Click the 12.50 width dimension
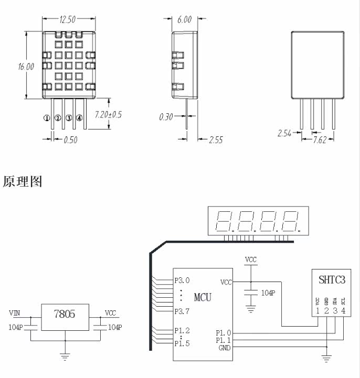coord(68,19)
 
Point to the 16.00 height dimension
coord(26,67)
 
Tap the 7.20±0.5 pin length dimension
coord(108,114)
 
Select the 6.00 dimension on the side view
coord(185,19)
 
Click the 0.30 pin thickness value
coord(166,117)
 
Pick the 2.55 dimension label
coord(216,140)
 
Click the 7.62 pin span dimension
coord(320,140)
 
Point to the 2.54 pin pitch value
coord(284,133)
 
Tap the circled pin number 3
coord(69,118)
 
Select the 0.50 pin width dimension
coord(70,140)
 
